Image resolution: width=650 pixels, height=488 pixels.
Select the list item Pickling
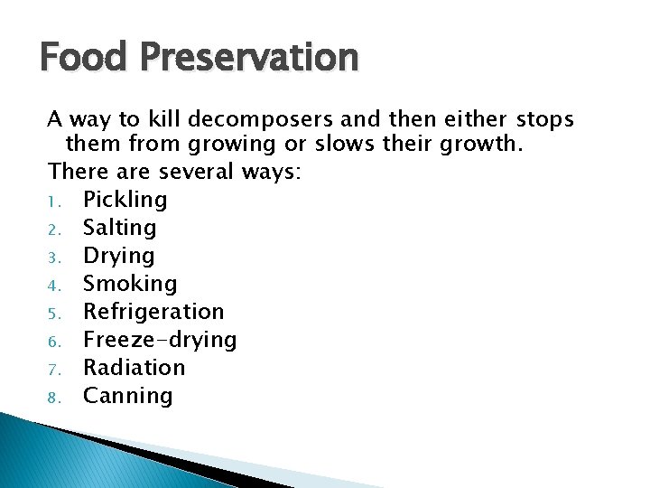click(125, 200)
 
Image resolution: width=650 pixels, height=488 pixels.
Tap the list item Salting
click(119, 228)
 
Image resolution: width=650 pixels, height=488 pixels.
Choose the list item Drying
click(118, 256)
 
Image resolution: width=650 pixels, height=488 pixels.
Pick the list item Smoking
click(130, 284)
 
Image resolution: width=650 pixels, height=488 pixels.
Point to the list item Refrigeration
click(153, 312)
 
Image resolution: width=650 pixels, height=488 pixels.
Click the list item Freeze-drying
click(160, 340)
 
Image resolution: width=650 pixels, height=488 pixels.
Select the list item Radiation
click(134, 368)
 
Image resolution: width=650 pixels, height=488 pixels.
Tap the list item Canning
click(127, 396)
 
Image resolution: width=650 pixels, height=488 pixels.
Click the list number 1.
click(55, 201)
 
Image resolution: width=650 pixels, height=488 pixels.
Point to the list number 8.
click(55, 397)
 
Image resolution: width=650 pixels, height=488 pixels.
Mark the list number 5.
click(55, 313)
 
